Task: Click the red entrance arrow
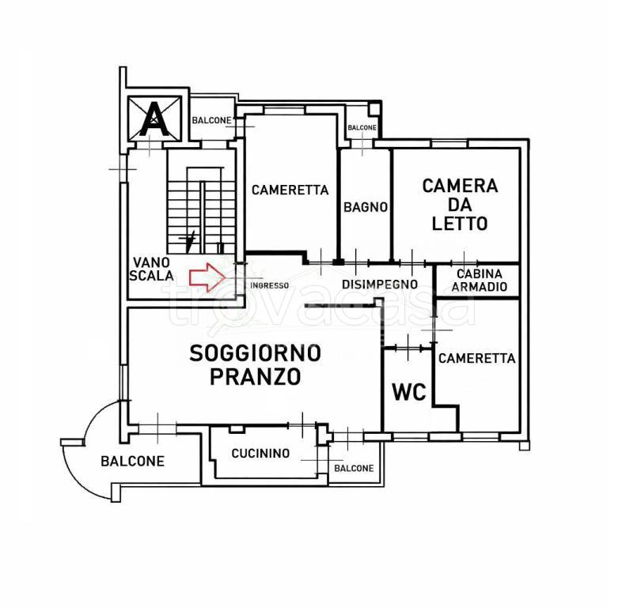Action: [x=207, y=277]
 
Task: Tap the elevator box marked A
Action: [x=154, y=119]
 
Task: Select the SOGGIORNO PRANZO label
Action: [x=256, y=365]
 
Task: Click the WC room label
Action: [x=408, y=392]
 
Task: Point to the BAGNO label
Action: [x=366, y=207]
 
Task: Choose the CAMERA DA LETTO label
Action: [x=460, y=205]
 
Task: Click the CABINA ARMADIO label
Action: [x=480, y=280]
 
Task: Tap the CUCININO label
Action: [x=260, y=453]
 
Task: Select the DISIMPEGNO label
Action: [x=380, y=285]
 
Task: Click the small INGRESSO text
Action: [x=269, y=285]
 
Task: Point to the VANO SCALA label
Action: [x=151, y=269]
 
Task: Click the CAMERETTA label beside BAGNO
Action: [x=290, y=190]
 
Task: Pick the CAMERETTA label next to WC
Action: [x=477, y=358]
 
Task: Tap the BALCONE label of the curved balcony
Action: [x=132, y=462]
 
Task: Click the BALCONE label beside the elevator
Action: [x=211, y=120]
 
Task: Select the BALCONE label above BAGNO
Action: [x=362, y=127]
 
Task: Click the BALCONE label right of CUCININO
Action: [x=354, y=468]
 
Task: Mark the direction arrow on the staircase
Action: [x=190, y=241]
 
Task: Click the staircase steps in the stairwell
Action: [x=202, y=210]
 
